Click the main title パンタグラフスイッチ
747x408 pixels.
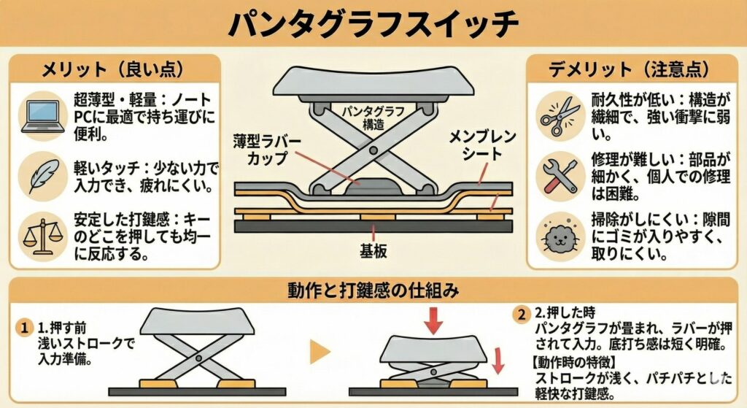click(x=373, y=23)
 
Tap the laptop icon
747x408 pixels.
click(x=43, y=116)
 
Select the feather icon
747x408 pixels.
click(x=44, y=176)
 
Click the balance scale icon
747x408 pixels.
click(x=43, y=236)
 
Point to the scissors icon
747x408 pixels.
click(x=560, y=116)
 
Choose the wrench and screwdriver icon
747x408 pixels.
click(x=560, y=176)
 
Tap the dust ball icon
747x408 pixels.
click(x=560, y=236)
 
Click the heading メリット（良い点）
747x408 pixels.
click(x=112, y=69)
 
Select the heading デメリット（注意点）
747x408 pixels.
click(x=630, y=69)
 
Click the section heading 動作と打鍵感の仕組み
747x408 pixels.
click(x=373, y=290)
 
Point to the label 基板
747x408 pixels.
click(x=373, y=251)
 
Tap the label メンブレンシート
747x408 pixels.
click(x=482, y=145)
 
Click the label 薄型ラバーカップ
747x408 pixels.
click(x=267, y=150)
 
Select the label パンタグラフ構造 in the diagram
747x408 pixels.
click(x=373, y=118)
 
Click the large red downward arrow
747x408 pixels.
click(x=433, y=320)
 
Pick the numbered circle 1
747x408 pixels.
click(x=23, y=328)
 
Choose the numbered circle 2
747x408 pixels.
click(x=521, y=314)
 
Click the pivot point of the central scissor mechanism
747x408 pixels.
click(x=373, y=151)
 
